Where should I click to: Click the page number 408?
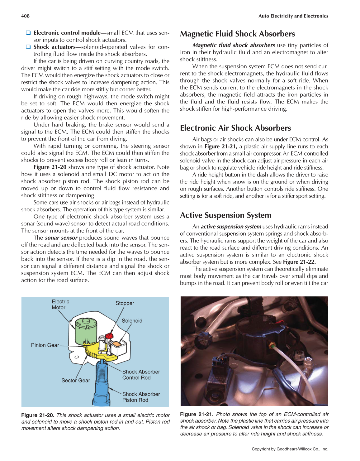(x=25, y=16)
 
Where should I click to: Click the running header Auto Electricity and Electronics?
(x=293, y=16)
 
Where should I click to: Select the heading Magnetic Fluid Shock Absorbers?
(x=237, y=34)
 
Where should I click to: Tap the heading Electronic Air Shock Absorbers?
(x=235, y=128)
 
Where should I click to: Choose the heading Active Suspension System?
(x=225, y=215)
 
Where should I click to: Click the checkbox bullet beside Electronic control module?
(x=28, y=33)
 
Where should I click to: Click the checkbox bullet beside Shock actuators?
(x=28, y=47)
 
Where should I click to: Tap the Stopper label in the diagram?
(x=125, y=303)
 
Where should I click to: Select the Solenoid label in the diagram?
(x=132, y=321)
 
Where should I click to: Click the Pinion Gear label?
(x=45, y=345)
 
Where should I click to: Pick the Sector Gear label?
(x=75, y=380)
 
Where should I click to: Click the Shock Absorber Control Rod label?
(x=141, y=375)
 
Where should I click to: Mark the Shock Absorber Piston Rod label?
(x=141, y=397)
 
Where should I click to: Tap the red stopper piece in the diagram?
(x=109, y=336)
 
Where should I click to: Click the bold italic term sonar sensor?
(x=61, y=238)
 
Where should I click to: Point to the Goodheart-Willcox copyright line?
(x=290, y=449)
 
